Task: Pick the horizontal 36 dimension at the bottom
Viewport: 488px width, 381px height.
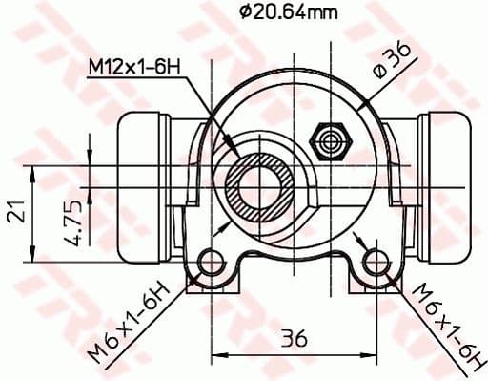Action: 293,338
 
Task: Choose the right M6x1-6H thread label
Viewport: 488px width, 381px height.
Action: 441,324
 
